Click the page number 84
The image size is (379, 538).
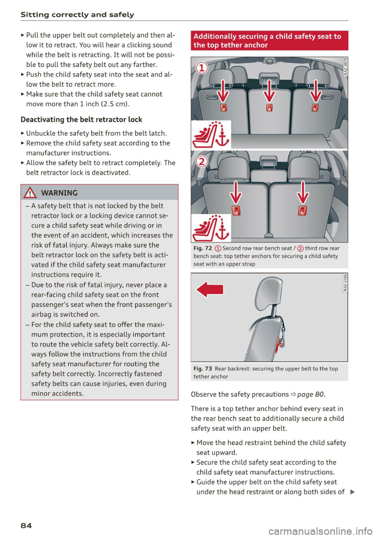pos(26,525)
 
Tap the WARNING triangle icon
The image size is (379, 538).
pos(30,193)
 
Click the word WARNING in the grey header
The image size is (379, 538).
pos(59,193)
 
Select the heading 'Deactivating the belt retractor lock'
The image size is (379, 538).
pos(81,120)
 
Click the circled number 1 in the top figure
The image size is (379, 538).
pos(202,68)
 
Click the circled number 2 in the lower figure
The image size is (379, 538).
pos(202,161)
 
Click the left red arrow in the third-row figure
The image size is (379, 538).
pos(236,192)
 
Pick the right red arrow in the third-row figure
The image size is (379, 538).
pos(303,192)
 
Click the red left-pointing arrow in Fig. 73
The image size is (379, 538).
pos(210,289)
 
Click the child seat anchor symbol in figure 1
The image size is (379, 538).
pos(211,135)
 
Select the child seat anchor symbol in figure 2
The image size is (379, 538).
pos(211,228)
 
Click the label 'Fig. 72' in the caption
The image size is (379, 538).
pos(203,248)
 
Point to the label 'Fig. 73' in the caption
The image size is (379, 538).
pos(203,369)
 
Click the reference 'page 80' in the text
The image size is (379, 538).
pos(311,394)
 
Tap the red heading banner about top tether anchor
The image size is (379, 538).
pos(269,41)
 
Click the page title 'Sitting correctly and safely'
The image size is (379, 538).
pos(77,15)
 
